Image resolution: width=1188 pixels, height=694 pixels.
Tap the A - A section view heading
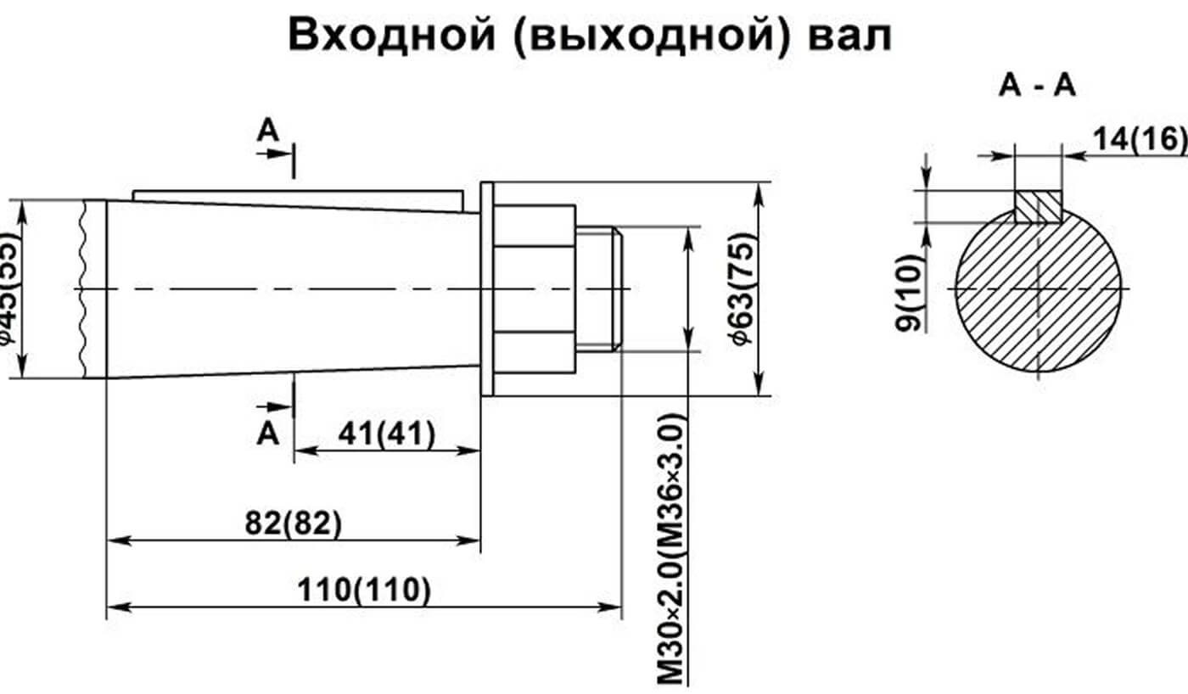tap(1037, 86)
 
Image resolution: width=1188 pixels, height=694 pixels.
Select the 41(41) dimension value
tap(386, 434)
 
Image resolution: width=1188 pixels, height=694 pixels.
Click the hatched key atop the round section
tap(1038, 206)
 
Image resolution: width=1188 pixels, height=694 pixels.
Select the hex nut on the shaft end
tap(535, 288)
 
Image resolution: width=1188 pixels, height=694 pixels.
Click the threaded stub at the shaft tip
tap(598, 288)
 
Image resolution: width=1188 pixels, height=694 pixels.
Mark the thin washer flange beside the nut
tap(487, 288)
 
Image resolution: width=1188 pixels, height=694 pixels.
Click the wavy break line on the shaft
tap(83, 288)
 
